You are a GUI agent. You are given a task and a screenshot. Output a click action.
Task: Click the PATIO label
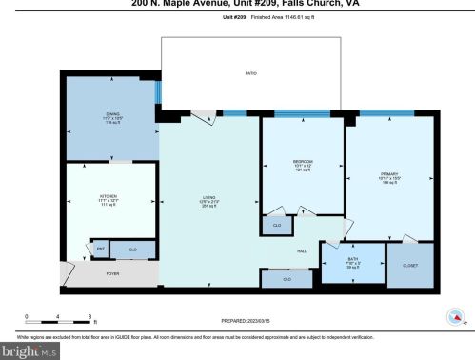250,72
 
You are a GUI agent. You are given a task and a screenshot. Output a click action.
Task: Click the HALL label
301,250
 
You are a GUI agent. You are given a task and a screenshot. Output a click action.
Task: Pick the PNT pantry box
100,249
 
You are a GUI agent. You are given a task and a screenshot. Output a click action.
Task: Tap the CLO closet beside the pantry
132,249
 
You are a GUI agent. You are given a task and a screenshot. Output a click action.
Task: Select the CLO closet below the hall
287,278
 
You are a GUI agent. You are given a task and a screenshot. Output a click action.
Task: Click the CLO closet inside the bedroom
277,224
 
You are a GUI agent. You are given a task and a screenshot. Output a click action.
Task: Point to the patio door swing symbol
204,116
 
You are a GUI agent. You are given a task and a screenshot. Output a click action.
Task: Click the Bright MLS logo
30,350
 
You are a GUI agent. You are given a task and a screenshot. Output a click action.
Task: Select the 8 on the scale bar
89,315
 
